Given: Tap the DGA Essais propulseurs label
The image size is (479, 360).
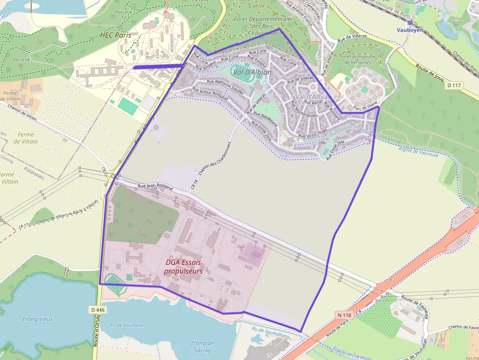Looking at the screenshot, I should coord(183,266).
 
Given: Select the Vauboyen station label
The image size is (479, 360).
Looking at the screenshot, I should coord(409,30).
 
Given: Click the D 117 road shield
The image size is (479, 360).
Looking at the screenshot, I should coord(454,85).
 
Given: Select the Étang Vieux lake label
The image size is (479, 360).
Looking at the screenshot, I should coord(38,319).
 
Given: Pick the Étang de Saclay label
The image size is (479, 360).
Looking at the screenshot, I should coord(202,346).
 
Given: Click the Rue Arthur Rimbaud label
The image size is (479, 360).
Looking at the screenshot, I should coord(210,94).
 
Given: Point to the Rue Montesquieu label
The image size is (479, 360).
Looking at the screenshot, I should coord(305,110).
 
